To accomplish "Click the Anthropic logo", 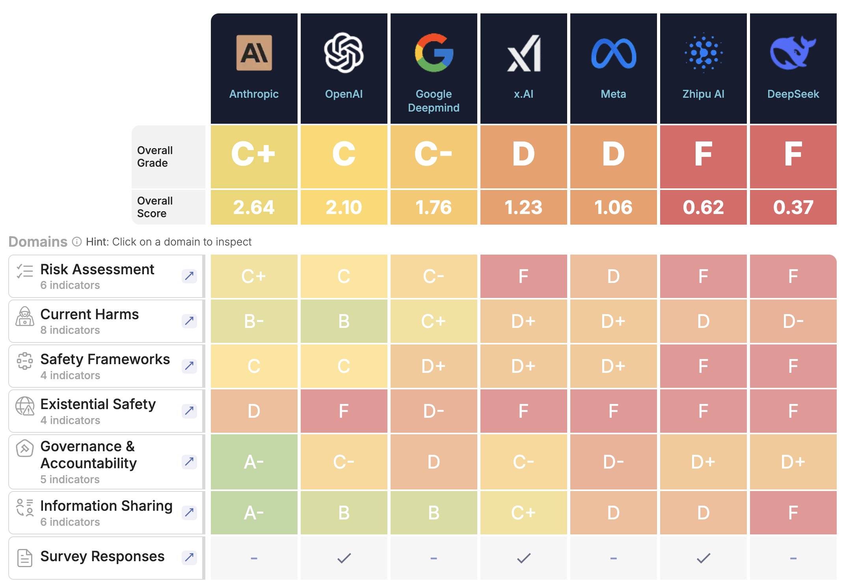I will coord(254,53).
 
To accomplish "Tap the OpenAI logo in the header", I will coord(344,53).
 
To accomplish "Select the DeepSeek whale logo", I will coord(793,53).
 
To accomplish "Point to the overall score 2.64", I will coord(254,207).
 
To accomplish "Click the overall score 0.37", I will coord(793,207).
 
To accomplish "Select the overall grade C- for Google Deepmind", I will coord(434,154).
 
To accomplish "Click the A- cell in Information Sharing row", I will coord(254,513).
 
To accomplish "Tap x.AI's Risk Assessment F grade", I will coord(523,276).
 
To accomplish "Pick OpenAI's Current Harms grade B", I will coord(344,321).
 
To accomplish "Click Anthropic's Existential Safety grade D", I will coord(254,411).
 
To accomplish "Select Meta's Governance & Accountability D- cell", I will coord(613,462).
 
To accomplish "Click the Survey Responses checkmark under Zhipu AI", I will coord(703,558).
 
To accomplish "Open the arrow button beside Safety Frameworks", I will coord(189,366).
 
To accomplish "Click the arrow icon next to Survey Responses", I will coord(189,557).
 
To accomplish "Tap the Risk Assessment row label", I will coord(97,270).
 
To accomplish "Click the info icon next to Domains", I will coord(77,242).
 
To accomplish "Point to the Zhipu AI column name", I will coord(703,94).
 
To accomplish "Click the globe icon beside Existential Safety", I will coord(25,406).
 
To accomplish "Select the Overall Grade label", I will coord(154,156).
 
